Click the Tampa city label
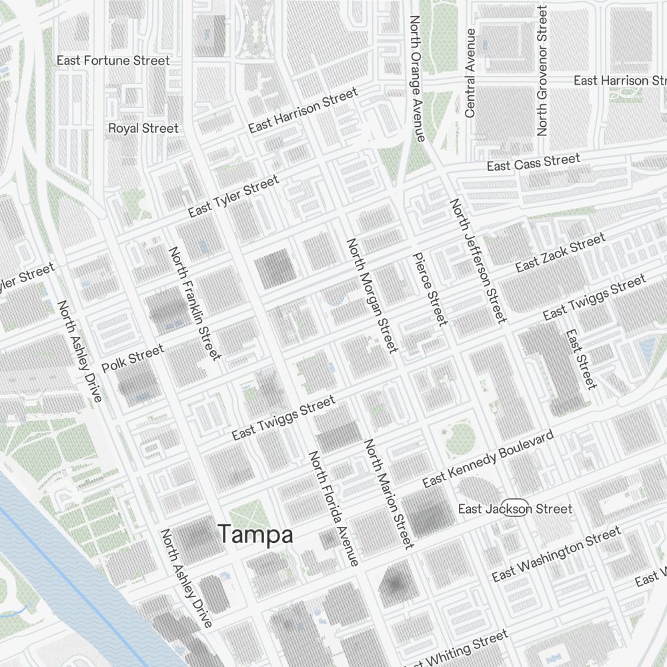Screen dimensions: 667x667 pyautogui.click(x=255, y=534)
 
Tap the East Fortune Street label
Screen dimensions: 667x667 pyautogui.click(x=113, y=61)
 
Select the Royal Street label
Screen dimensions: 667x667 pyautogui.click(x=143, y=128)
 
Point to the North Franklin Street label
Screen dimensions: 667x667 pyautogui.click(x=194, y=303)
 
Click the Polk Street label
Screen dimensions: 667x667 pyautogui.click(x=133, y=359)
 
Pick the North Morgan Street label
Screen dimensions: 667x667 pyautogui.click(x=372, y=295)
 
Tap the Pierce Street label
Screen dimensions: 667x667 pyautogui.click(x=430, y=289)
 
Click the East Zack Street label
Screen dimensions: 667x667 pyautogui.click(x=560, y=253)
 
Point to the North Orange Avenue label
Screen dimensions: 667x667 pyautogui.click(x=417, y=79)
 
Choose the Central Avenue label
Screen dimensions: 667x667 pyautogui.click(x=470, y=73)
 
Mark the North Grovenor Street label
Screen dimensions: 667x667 pyautogui.click(x=542, y=71)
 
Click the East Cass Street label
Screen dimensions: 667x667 pyautogui.click(x=533, y=162)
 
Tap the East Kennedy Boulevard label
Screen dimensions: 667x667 pyautogui.click(x=488, y=459)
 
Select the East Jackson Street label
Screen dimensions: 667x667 pyautogui.click(x=515, y=509)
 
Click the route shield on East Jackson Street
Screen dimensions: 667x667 pyautogui.click(x=515, y=507)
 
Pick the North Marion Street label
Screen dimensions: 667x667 pyautogui.click(x=389, y=494)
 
